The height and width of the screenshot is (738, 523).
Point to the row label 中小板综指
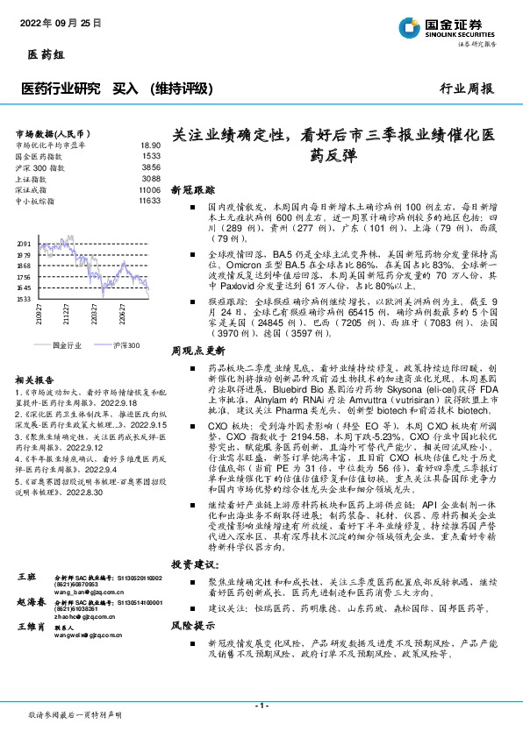[x=37, y=200]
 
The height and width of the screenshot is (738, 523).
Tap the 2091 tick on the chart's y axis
[x=25, y=244]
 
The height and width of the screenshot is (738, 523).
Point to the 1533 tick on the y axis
[x=25, y=299]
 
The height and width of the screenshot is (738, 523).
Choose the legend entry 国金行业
[x=67, y=346]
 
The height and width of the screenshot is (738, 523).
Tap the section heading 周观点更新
[x=197, y=348]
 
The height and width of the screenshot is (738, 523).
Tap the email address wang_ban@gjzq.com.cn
[x=85, y=617]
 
